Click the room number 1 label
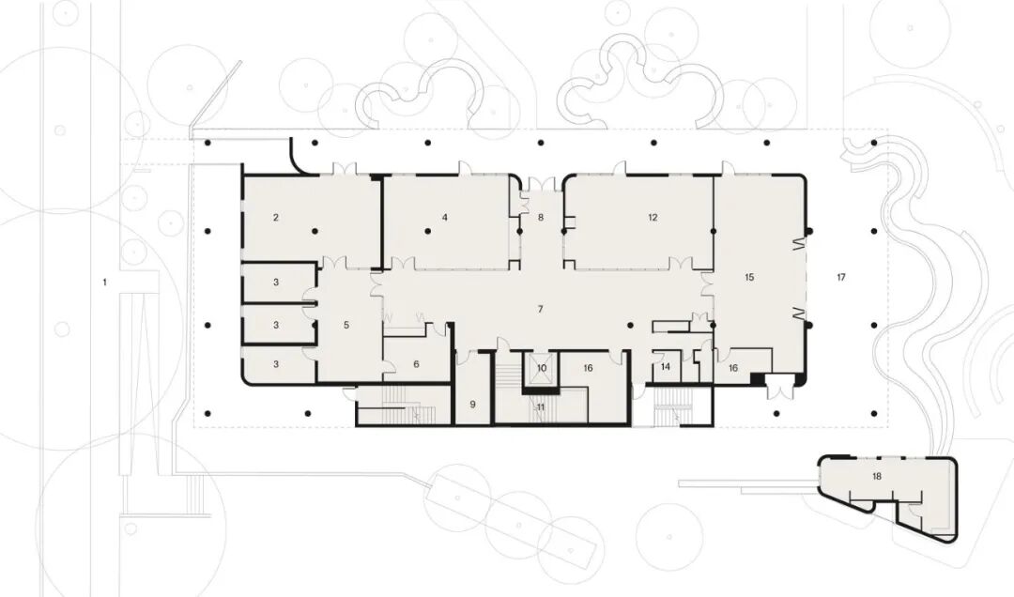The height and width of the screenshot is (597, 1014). coord(105,282)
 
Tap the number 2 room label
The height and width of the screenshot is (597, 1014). coord(275,218)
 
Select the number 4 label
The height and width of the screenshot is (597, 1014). coord(445,218)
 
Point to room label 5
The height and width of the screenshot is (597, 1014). coord(346,325)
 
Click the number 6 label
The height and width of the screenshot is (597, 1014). coord(416,364)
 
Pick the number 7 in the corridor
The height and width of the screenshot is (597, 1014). coord(541,309)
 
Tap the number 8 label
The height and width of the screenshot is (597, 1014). coord(541,218)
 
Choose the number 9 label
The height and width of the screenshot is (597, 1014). coord(472,405)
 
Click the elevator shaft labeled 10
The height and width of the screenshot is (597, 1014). coord(542,368)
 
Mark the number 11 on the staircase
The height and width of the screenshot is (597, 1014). coord(541,407)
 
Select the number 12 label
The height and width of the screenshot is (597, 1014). coord(653,218)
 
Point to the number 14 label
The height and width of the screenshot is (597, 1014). coord(666,367)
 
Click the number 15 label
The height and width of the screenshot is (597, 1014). coord(749,277)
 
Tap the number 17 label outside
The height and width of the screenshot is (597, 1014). coord(840,278)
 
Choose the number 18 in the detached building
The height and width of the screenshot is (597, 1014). coord(876,477)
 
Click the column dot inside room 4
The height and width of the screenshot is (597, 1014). coord(427,231)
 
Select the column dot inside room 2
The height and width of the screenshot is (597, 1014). coord(315,231)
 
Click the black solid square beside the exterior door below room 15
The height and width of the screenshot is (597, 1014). coord(757,379)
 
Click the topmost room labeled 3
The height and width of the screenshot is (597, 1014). coord(276,282)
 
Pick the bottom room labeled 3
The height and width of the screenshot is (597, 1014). coord(276,365)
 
